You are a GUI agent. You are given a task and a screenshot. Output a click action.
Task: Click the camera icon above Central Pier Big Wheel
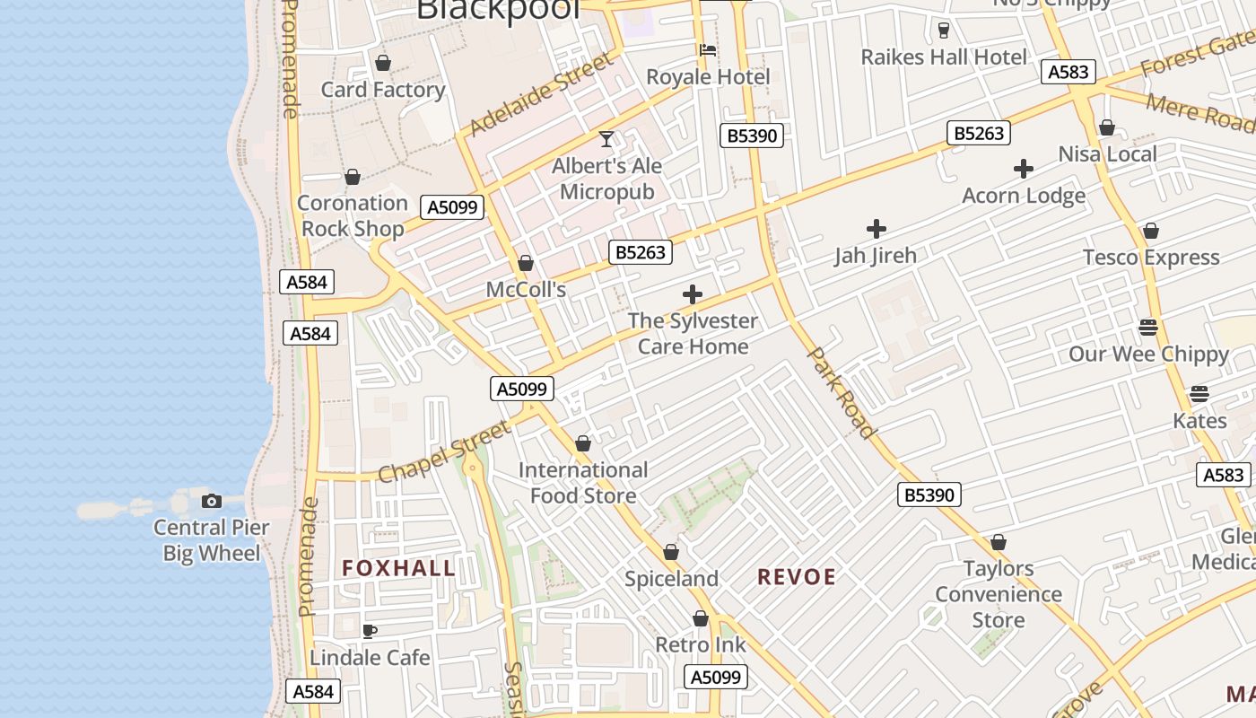[x=212, y=501]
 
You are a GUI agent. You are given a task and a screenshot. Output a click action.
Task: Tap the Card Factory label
[x=383, y=90]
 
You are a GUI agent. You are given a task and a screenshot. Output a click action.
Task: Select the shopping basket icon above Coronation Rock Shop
[x=353, y=177]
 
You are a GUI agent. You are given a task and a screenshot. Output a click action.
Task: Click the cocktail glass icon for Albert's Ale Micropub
[x=606, y=139]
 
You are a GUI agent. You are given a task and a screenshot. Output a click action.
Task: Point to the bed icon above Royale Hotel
[x=708, y=50]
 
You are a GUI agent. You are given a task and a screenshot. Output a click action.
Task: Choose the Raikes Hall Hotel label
[x=944, y=57]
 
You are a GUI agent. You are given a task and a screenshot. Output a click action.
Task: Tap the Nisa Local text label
[x=1107, y=154]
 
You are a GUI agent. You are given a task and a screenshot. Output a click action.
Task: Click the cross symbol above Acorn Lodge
[x=1024, y=169]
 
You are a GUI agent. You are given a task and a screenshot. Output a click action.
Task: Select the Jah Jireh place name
[x=876, y=256]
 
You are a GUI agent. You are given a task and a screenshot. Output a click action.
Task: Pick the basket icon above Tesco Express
[x=1151, y=232]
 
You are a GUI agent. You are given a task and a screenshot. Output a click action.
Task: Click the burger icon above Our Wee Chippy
[x=1148, y=328]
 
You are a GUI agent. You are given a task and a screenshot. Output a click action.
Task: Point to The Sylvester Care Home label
[x=693, y=334]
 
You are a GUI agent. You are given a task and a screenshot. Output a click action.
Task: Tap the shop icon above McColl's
[x=526, y=264]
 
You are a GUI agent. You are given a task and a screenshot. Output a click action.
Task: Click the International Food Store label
[x=583, y=483]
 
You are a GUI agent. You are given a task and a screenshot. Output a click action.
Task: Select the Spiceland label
[x=671, y=579]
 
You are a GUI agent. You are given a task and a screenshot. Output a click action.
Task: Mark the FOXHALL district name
[x=399, y=568]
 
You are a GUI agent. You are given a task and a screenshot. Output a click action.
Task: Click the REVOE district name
[x=797, y=577]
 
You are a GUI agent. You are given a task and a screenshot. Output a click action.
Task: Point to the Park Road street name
[x=842, y=393]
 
